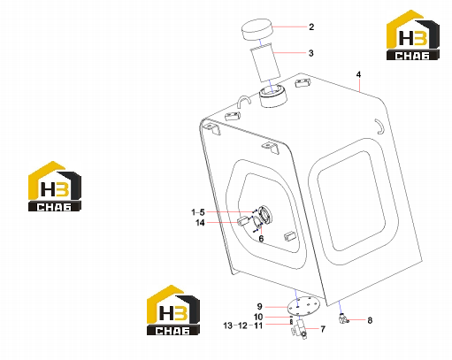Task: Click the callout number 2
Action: tap(311, 27)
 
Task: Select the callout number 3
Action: tap(311, 53)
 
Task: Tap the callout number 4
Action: tap(358, 74)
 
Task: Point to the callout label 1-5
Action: tap(198, 212)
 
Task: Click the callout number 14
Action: tap(200, 223)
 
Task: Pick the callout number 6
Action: tap(261, 239)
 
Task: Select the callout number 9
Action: tap(259, 307)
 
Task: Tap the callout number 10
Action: tap(258, 317)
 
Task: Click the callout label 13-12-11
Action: tap(243, 326)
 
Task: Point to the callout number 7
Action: tap(323, 329)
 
